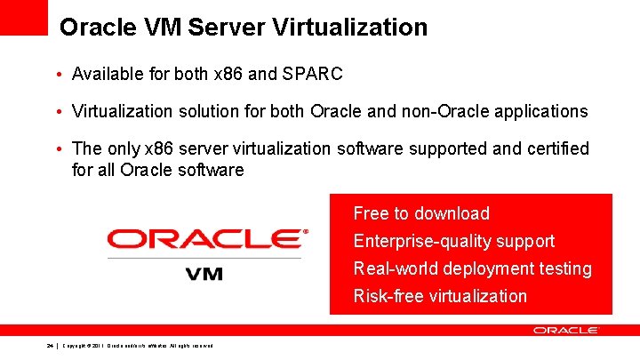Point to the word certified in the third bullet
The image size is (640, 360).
[x=554, y=148]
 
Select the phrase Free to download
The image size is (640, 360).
[x=421, y=213]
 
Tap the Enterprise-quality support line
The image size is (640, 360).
[x=453, y=241]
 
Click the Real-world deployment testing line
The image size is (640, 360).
[x=472, y=268]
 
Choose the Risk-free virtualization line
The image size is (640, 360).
[x=440, y=296]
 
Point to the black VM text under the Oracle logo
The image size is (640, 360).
[x=204, y=273]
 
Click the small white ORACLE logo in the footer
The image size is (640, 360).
[x=565, y=330]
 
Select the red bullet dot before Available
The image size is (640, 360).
[x=57, y=75]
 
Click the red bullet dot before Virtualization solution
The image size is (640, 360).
[x=57, y=112]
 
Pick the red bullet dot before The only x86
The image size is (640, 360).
[x=57, y=149]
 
